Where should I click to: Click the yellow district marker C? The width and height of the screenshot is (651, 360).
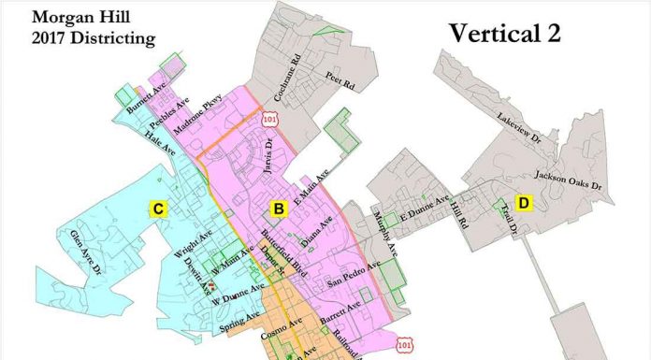tap(160, 209)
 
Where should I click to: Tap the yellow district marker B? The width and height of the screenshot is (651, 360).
tap(278, 208)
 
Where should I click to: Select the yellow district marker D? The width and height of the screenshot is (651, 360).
tap(525, 203)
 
